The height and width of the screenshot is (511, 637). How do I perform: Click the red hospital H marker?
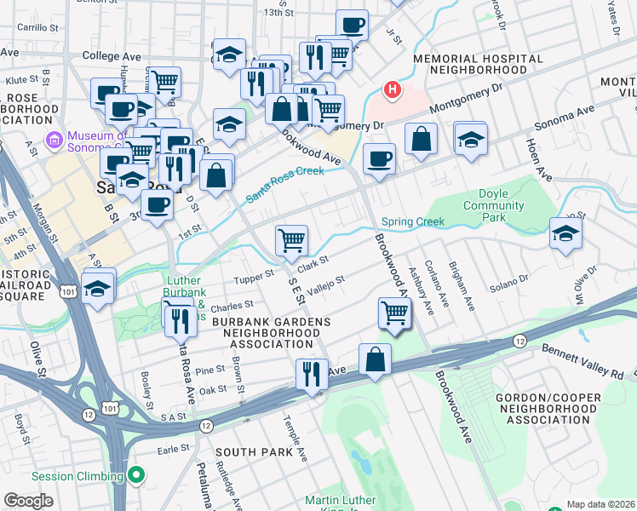pyautogui.click(x=392, y=89)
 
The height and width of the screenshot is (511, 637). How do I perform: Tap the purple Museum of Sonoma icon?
pyautogui.click(x=54, y=139)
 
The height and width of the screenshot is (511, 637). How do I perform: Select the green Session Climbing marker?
pyautogui.click(x=136, y=475)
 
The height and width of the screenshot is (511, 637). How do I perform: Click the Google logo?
pyautogui.click(x=28, y=501)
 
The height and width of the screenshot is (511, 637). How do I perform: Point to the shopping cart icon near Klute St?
pyautogui.click(x=164, y=82)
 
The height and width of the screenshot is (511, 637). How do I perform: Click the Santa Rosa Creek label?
pyautogui.click(x=285, y=184)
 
